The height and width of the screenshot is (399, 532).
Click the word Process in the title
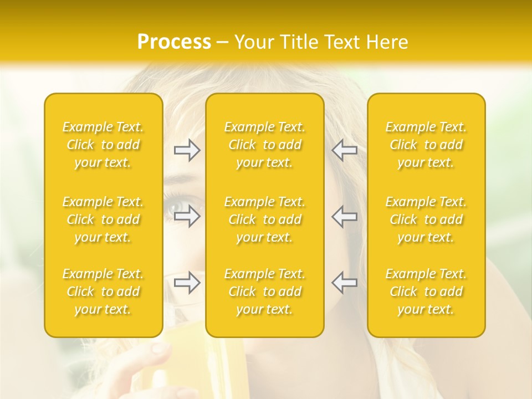click(x=174, y=42)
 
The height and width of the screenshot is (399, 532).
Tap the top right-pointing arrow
click(x=187, y=150)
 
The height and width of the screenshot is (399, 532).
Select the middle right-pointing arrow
click(x=187, y=216)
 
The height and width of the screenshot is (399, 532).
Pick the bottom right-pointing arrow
click(x=187, y=283)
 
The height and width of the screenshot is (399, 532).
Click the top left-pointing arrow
click(x=344, y=150)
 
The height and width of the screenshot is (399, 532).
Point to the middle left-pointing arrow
click(x=344, y=216)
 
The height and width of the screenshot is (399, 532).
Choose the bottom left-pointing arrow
click(x=344, y=283)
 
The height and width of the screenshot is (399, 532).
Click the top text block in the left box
click(x=103, y=145)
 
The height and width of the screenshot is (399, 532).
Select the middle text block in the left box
click(x=103, y=219)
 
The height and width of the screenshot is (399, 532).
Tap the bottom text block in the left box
click(x=103, y=291)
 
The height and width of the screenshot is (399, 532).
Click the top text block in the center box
click(x=264, y=145)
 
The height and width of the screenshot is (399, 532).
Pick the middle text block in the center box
click(x=264, y=219)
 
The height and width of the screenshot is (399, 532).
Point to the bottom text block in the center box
click(x=264, y=291)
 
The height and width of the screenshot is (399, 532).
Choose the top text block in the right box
click(x=426, y=145)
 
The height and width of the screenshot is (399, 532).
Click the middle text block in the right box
click(x=426, y=219)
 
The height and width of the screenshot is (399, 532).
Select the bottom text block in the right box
click(x=426, y=291)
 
